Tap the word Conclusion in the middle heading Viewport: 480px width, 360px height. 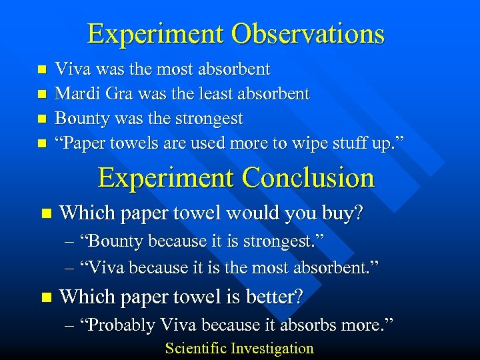click(x=308, y=177)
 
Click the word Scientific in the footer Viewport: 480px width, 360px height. click(x=196, y=348)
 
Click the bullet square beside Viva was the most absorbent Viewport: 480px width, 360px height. click(x=42, y=69)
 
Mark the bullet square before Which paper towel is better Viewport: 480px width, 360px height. click(x=45, y=297)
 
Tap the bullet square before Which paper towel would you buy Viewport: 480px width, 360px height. click(x=45, y=215)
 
